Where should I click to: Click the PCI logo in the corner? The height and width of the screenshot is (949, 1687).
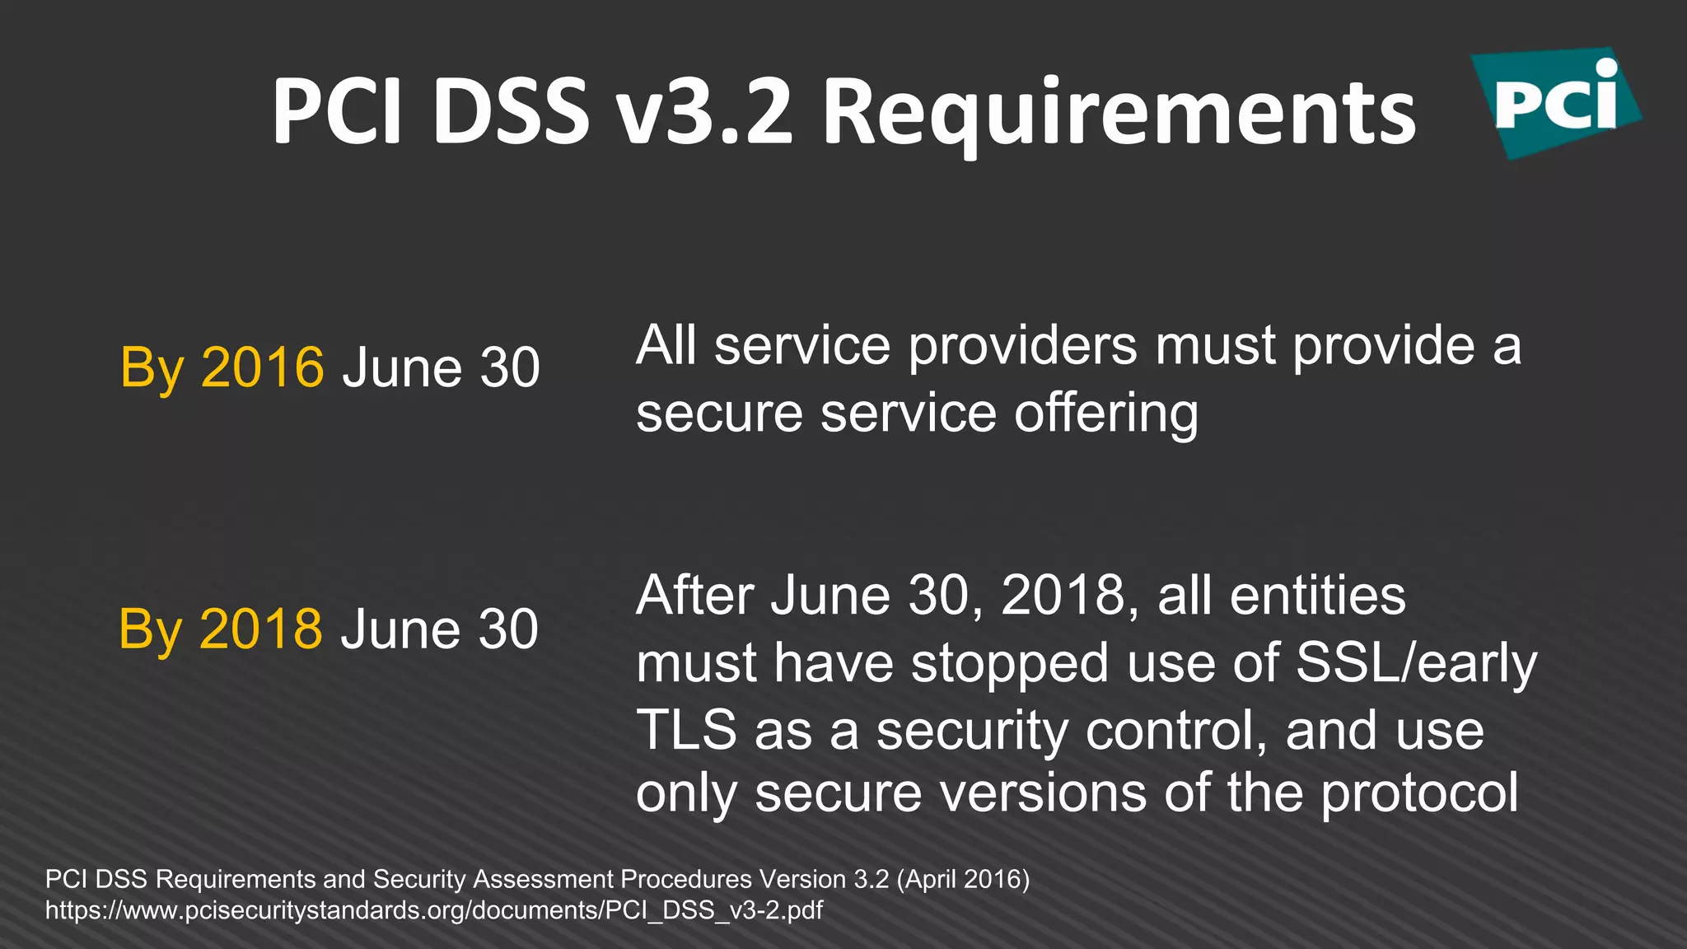(x=1555, y=102)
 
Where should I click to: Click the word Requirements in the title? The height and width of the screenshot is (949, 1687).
(x=1119, y=113)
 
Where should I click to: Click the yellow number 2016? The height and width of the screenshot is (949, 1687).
(x=263, y=367)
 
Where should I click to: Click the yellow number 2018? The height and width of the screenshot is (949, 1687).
(x=261, y=629)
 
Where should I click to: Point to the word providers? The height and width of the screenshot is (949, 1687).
(x=1022, y=345)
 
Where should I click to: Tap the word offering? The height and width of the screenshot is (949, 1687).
(x=1105, y=414)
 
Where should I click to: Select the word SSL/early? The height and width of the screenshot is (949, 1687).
(x=1416, y=663)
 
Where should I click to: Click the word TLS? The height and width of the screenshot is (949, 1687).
(x=686, y=730)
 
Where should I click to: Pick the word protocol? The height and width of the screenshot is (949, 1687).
(x=1419, y=793)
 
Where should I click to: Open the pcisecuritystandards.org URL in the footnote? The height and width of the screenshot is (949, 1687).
(x=434, y=910)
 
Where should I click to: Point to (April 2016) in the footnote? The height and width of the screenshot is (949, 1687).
(x=962, y=879)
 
